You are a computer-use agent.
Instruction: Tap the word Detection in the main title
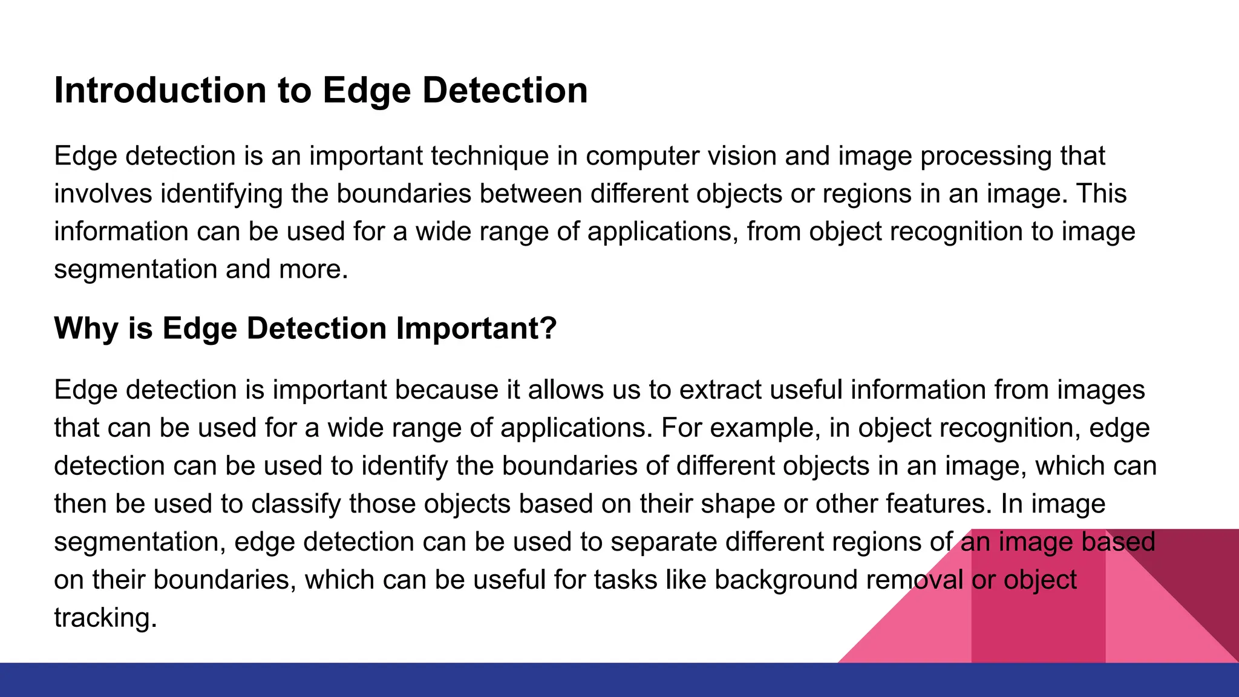pyautogui.click(x=505, y=91)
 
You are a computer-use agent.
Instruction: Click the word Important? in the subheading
pyautogui.click(x=476, y=329)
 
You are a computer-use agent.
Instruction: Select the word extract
pyautogui.click(x=720, y=390)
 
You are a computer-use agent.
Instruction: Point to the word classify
pyautogui.click(x=296, y=504)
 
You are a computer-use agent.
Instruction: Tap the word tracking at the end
pyautogui.click(x=105, y=618)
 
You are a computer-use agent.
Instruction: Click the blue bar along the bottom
pyautogui.click(x=619, y=680)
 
